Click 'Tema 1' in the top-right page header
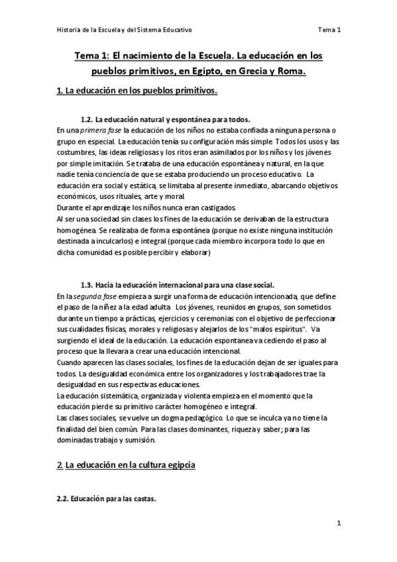tap(329, 30)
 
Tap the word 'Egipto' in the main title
tap(192, 72)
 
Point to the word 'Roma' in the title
tap(290, 72)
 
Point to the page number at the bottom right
tap(338, 523)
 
